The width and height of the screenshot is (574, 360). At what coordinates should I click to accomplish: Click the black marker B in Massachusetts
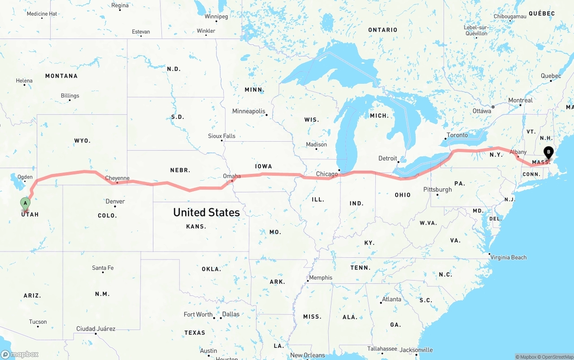[x=548, y=153]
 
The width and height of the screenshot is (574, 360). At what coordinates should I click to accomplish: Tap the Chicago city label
[x=327, y=174]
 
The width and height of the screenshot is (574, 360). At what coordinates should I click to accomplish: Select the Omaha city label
[x=232, y=176]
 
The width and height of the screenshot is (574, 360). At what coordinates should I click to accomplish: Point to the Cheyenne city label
[x=117, y=178]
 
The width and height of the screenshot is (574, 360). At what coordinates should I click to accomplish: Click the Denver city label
[x=115, y=201]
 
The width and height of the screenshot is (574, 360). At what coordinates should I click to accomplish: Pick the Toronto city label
[x=457, y=135]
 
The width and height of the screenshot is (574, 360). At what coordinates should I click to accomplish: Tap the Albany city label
[x=518, y=152]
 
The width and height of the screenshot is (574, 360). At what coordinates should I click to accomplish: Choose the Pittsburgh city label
[x=438, y=189]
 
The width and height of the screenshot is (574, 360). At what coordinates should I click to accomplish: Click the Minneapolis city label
[x=248, y=111]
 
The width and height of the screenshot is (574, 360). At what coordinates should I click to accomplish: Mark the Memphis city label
[x=321, y=278]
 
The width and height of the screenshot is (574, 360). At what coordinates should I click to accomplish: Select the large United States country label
[x=206, y=212]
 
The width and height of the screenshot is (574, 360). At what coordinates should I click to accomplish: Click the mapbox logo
[x=20, y=354]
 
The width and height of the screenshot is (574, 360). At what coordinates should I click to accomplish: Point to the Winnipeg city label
[x=216, y=17]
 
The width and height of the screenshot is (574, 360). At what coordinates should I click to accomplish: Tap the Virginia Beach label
[x=509, y=257]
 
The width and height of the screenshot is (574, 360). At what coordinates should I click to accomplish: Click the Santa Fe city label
[x=103, y=268]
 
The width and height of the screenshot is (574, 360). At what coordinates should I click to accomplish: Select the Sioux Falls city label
[x=222, y=136]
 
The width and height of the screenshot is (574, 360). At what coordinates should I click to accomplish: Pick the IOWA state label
[x=263, y=166]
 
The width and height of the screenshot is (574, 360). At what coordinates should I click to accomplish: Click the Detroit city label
[x=388, y=158]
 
